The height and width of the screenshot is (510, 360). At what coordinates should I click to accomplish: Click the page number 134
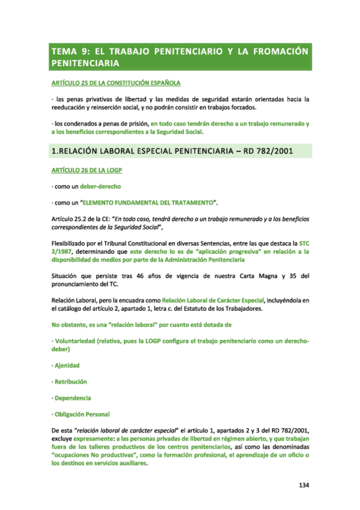pos(304,485)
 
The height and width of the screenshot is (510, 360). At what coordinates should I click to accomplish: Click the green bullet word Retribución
pos(70,381)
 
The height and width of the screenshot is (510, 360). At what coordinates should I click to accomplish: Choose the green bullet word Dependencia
pos(73,398)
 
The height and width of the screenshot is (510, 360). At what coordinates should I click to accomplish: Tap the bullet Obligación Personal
pos(82,414)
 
